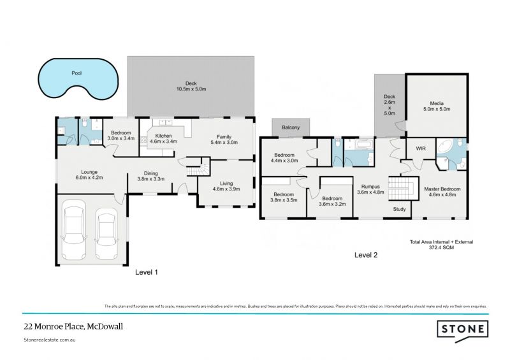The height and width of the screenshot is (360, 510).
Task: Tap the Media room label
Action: click(437, 103)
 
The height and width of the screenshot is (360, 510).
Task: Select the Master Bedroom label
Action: click(442, 189)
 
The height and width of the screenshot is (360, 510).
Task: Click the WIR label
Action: click(420, 148)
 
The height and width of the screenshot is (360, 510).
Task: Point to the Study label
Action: click(399, 208)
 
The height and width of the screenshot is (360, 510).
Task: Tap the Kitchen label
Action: click(163, 136)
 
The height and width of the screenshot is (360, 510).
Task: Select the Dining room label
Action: click(151, 173)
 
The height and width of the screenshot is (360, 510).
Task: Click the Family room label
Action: click(224, 137)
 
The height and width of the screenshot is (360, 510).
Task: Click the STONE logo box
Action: click(462, 329)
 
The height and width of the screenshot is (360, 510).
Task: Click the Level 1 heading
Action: click(147, 271)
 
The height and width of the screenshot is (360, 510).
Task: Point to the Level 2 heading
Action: click(366, 255)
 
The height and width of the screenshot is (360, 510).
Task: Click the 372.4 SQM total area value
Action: click(441, 248)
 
